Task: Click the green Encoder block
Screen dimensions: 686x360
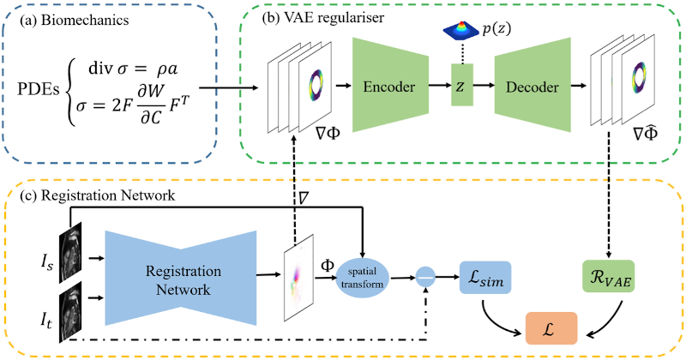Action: click(x=390, y=85)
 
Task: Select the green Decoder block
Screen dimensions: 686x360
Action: click(x=533, y=85)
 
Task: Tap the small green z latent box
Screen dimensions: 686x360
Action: click(x=462, y=85)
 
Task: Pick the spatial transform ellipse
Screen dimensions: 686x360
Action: click(x=362, y=278)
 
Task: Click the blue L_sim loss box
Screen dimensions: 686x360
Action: click(x=485, y=278)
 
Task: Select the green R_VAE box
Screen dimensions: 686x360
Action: click(x=609, y=277)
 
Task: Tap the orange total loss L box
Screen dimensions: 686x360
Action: click(x=551, y=328)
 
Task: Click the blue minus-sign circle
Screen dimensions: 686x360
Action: click(x=424, y=277)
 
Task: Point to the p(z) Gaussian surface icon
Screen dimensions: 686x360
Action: click(x=460, y=30)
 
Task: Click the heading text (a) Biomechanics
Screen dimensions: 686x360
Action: click(x=75, y=21)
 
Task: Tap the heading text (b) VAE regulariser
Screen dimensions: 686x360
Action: click(x=323, y=17)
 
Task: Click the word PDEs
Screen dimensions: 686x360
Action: click(x=38, y=89)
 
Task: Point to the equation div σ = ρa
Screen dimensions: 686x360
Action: click(x=133, y=69)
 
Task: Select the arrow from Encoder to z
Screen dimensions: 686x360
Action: click(x=439, y=86)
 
